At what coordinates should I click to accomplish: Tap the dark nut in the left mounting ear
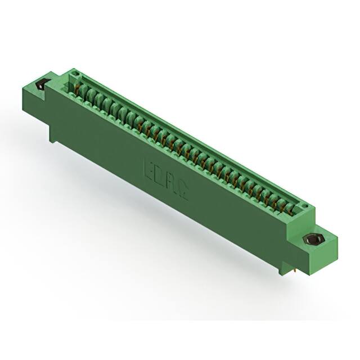point(40,86)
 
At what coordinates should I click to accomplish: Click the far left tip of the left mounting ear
point(35,85)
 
